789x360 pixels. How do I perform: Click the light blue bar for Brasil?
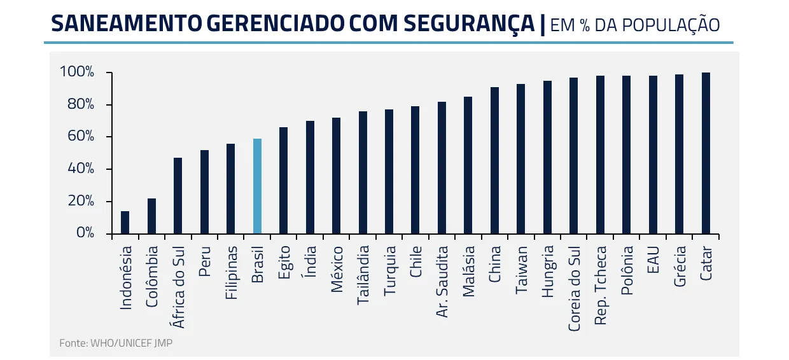pos(257,186)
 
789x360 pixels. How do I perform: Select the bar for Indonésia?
pos(125,222)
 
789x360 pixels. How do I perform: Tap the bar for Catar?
pos(706,153)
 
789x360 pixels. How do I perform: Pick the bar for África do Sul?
pos(178,195)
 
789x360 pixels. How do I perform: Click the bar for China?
pos(494,160)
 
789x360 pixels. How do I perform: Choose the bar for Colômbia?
pos(151,216)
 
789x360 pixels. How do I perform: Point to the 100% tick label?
pos(77,71)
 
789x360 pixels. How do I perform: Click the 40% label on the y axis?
pos(81,169)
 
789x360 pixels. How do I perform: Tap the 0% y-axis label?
pos(85,233)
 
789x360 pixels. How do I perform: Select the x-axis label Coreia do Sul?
pos(574,289)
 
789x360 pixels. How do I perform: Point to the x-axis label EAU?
pos(653,260)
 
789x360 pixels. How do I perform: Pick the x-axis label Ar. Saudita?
pos(442,282)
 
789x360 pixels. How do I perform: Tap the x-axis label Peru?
pos(205,261)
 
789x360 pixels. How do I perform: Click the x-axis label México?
pos(337,270)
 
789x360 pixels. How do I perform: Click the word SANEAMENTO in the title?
pos(127,24)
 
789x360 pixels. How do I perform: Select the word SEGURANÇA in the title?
pos(469,24)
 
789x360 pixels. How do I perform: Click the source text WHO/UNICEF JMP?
pos(131,343)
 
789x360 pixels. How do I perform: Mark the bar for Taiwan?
pos(520,159)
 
